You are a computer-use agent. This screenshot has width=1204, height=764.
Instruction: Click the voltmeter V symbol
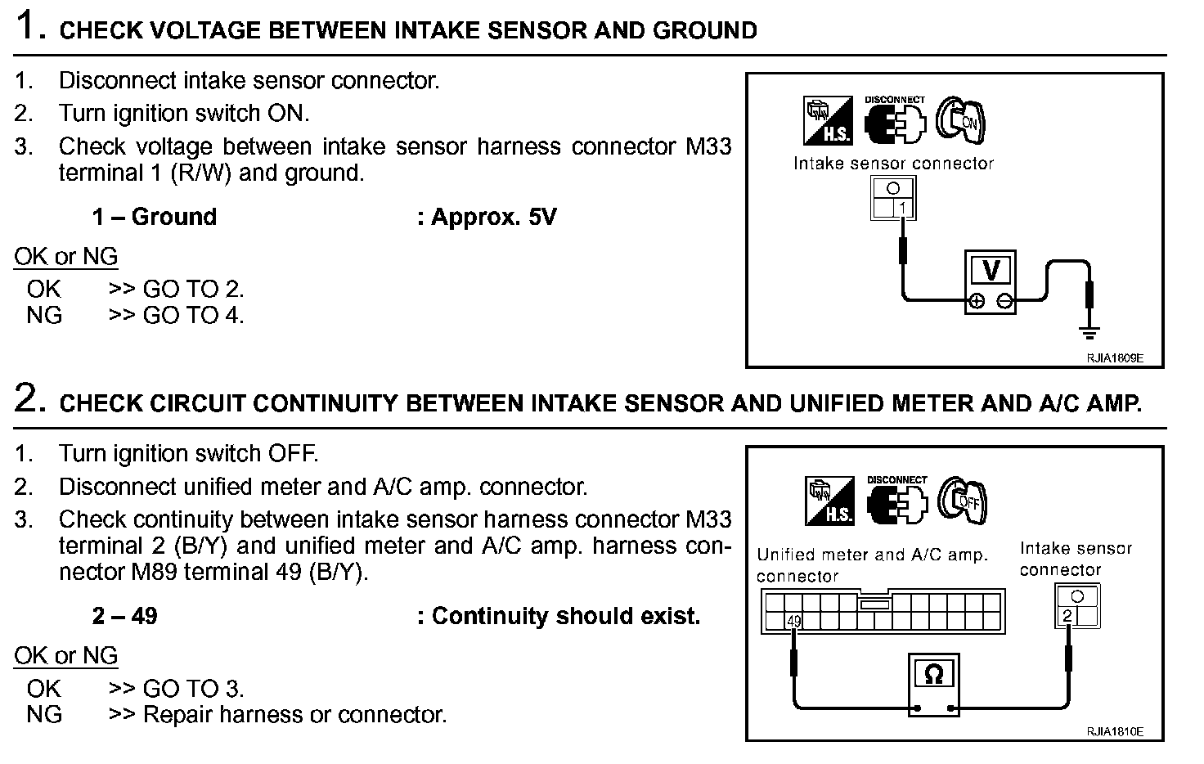(x=991, y=270)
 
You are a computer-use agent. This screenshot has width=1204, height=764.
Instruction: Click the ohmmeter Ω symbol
(x=933, y=674)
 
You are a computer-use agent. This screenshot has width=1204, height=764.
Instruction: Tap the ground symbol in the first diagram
(x=1089, y=331)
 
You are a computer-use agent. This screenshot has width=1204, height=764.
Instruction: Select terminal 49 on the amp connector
(x=794, y=622)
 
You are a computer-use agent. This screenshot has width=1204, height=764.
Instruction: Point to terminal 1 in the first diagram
(x=903, y=209)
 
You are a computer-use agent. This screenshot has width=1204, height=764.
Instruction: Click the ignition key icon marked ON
(x=961, y=120)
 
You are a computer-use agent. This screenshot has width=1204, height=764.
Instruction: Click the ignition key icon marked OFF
(x=963, y=500)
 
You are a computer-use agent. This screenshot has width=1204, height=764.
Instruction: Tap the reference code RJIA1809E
(x=1114, y=357)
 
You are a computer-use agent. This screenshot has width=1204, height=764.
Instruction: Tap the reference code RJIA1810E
(x=1114, y=731)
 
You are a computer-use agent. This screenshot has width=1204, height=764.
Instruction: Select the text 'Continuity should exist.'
(x=565, y=616)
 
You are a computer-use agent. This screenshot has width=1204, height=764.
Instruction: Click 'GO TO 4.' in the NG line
(x=193, y=315)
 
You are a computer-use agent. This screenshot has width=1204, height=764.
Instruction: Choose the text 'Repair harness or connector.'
(x=294, y=714)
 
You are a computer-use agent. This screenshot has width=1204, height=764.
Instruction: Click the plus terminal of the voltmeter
(x=976, y=302)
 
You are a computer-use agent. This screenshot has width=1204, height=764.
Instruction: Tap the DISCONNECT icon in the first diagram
(x=895, y=119)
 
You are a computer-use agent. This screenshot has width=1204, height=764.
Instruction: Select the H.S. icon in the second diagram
(x=829, y=500)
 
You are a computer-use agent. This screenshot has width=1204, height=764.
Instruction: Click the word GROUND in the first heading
(x=704, y=31)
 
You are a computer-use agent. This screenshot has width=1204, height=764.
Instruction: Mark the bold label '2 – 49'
(x=124, y=616)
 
